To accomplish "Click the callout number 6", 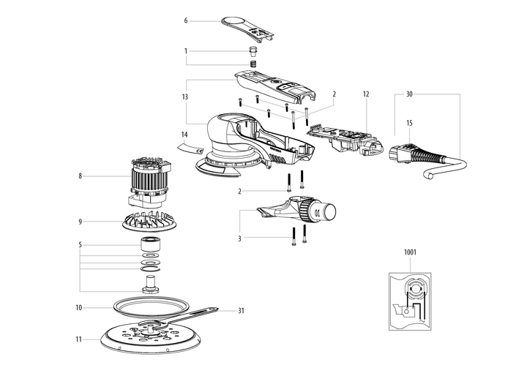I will click(186, 20).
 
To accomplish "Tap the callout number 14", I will click(185, 135).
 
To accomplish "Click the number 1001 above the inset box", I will click(411, 253).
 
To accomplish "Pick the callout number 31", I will click(240, 310).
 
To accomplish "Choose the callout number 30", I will click(409, 94).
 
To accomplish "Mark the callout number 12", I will click(365, 94).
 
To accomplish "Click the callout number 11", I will click(79, 340).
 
